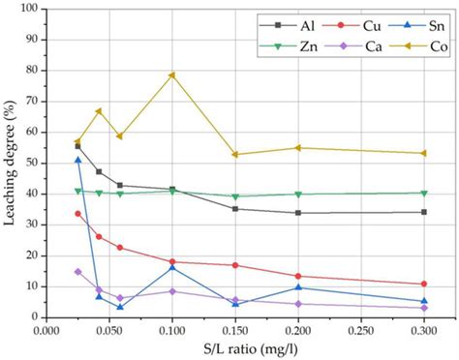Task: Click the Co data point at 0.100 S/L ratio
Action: click(x=172, y=75)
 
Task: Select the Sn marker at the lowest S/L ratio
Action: click(x=78, y=160)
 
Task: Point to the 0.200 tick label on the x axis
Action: click(x=298, y=329)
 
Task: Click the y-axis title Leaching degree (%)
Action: click(x=11, y=163)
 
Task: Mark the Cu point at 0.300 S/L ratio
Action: click(x=424, y=284)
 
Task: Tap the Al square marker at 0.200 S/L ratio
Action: click(x=298, y=213)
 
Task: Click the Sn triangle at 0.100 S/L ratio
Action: click(x=172, y=267)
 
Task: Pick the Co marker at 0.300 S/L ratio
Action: click(x=424, y=153)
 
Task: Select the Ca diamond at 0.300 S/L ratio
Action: click(x=424, y=308)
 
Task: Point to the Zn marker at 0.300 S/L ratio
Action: click(x=424, y=194)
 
